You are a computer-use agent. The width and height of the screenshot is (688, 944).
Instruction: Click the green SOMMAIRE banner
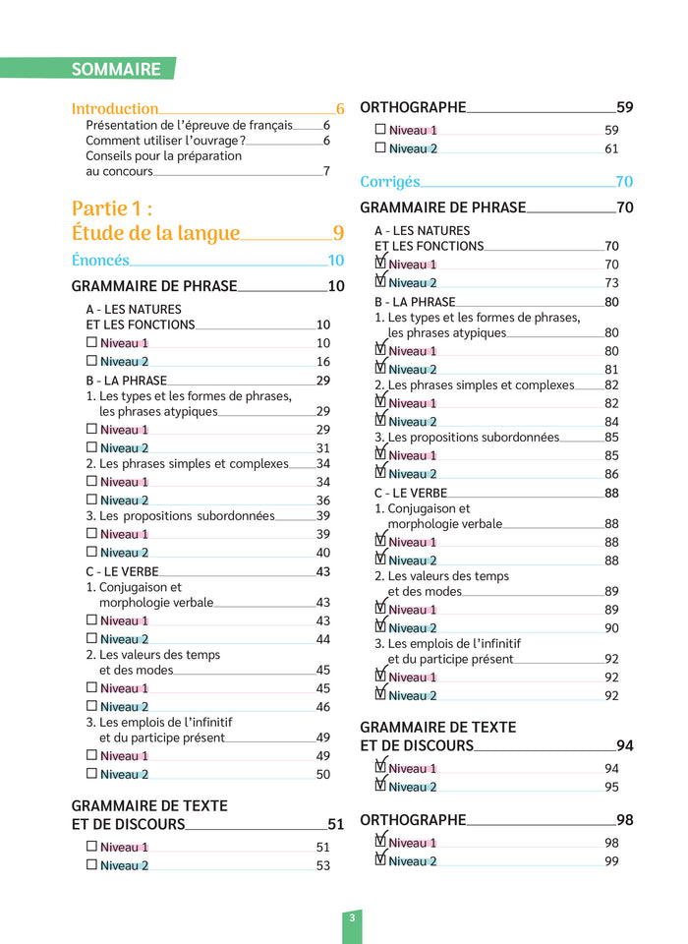point(116,69)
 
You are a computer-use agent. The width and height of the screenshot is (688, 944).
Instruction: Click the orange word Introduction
point(115,109)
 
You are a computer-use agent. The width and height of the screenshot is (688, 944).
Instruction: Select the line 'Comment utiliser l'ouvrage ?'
point(165,141)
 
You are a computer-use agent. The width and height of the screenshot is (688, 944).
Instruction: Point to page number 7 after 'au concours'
point(326,171)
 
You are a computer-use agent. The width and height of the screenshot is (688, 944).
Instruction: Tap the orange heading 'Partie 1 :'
point(112,208)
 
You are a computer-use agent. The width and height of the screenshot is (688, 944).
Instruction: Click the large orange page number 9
point(338,233)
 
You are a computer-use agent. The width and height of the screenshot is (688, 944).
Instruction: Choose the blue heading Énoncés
point(100,261)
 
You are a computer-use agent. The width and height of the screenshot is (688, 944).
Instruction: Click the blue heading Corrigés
point(389,182)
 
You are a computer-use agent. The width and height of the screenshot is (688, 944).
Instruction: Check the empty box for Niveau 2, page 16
point(91,361)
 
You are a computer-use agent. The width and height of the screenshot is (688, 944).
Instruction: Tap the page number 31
point(323,447)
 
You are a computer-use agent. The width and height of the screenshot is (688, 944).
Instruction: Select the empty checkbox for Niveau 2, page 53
point(91,865)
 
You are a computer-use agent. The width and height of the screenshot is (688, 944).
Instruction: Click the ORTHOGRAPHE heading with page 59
point(413,108)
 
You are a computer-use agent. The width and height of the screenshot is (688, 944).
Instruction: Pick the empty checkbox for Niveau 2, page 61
point(380,148)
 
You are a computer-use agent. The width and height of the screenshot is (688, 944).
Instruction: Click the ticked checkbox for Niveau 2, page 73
point(380,282)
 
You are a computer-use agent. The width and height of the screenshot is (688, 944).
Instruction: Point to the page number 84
point(611,422)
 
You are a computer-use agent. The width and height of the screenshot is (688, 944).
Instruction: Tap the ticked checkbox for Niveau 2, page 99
point(380,860)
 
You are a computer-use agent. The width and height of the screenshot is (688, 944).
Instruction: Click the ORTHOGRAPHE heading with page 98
point(413,820)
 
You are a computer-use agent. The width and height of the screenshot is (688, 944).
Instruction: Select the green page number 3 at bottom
point(352,918)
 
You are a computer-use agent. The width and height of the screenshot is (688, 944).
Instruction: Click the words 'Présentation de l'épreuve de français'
point(189,125)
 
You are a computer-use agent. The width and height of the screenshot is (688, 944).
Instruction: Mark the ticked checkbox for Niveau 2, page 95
point(380,786)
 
